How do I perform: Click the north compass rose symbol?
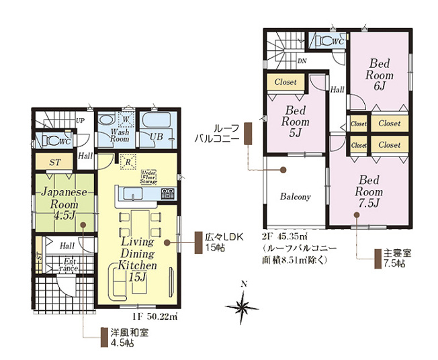click(x=243, y=307)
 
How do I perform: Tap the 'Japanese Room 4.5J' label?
click(x=60, y=203)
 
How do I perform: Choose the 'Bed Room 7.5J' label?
click(x=369, y=191)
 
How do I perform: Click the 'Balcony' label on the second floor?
click(x=295, y=197)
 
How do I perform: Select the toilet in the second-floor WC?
click(x=329, y=42)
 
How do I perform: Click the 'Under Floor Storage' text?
click(x=148, y=176)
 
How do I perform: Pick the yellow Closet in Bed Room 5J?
click(x=286, y=82)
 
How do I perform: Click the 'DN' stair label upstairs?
click(x=302, y=60)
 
